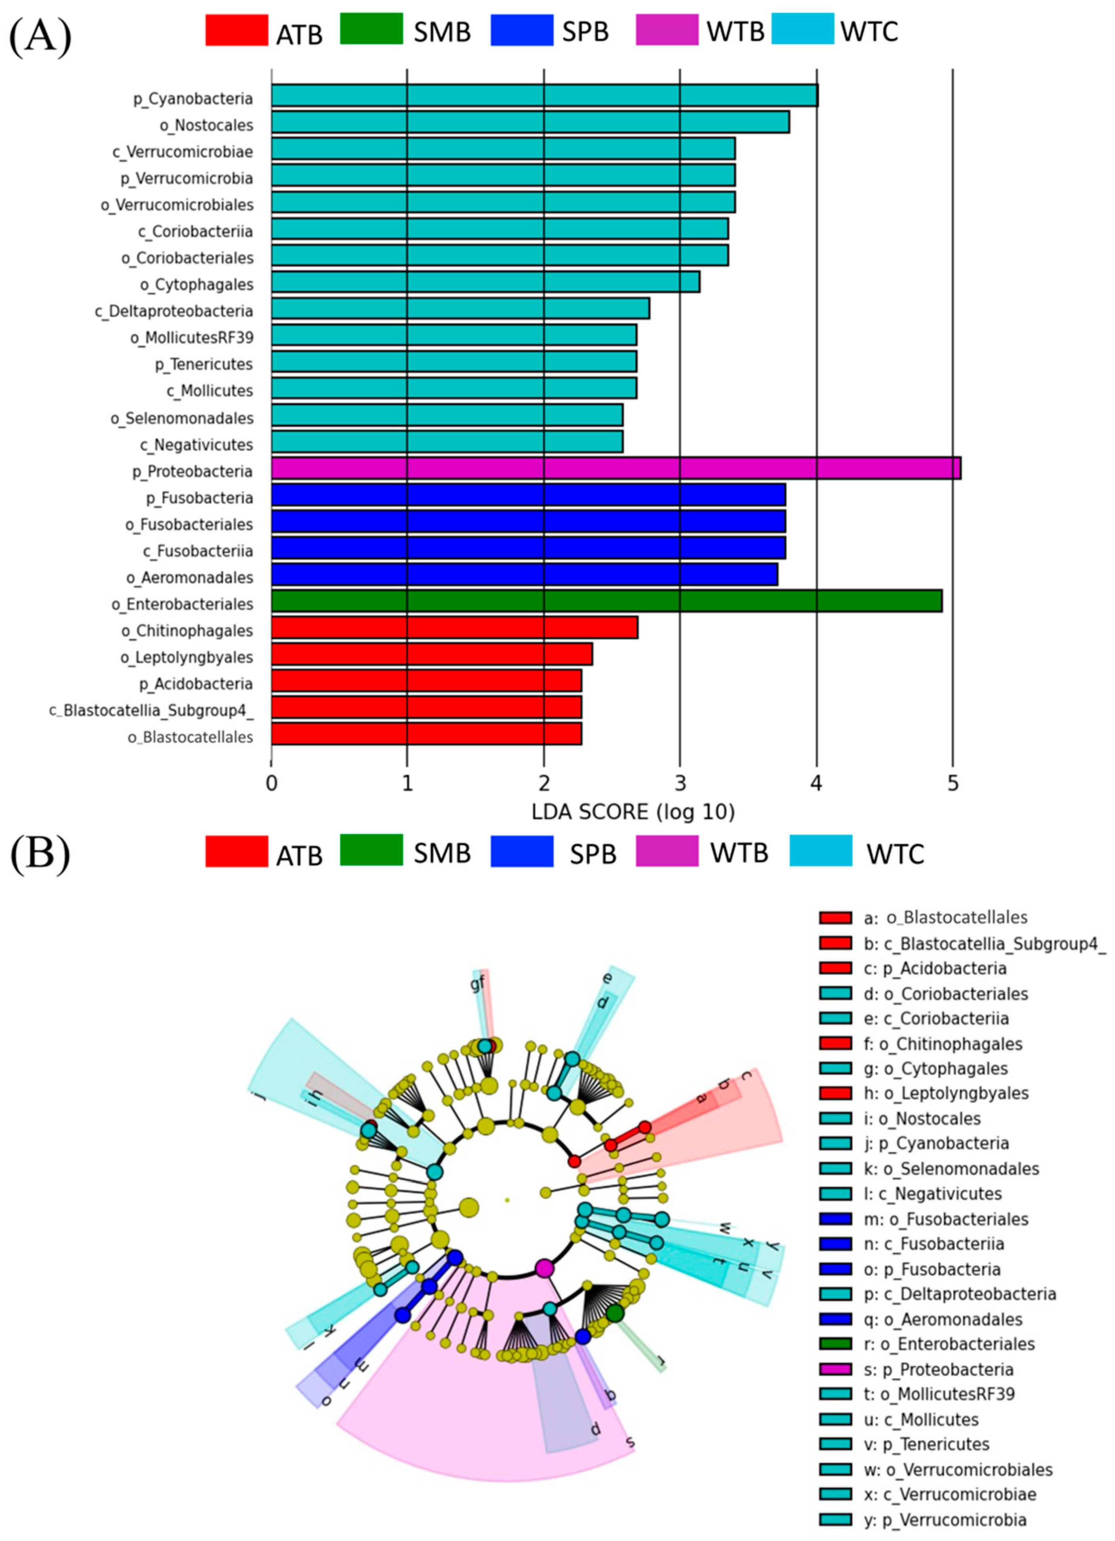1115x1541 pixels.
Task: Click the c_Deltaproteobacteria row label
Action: [174, 311]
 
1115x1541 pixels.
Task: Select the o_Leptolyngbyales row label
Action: [187, 657]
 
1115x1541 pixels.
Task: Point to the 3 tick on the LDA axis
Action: [680, 784]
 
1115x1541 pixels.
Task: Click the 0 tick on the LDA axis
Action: [272, 784]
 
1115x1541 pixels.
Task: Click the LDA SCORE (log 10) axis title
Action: [633, 812]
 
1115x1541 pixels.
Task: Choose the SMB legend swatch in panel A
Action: [371, 31]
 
